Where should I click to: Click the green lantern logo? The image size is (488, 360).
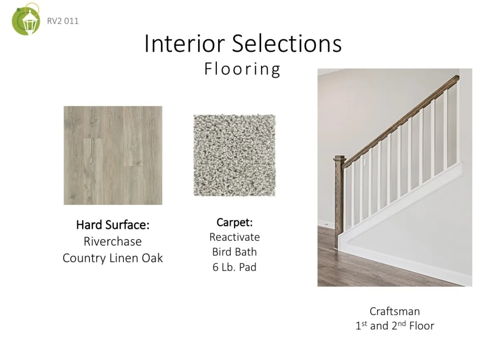coord(26,19)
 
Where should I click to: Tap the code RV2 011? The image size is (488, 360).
coord(63,21)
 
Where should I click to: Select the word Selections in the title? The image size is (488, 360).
coord(287,43)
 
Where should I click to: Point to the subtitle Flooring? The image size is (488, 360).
coord(243,69)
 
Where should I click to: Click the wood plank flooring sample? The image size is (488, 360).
coord(113,155)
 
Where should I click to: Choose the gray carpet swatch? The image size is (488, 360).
coord(235,155)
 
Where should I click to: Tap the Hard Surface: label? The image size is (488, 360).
coord(113,225)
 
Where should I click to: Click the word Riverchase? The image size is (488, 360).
coord(113,241)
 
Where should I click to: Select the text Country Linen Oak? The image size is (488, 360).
coord(113,258)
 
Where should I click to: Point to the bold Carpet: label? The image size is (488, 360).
coord(235,222)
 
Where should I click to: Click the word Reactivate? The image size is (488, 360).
coord(235,237)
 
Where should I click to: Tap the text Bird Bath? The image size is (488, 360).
coord(235,252)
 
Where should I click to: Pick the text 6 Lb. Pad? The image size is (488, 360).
coord(235,267)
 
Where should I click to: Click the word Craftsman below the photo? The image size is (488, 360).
coord(395,311)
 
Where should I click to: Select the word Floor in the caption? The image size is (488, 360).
coord(422,326)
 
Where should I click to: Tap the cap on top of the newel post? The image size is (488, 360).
coord(339,158)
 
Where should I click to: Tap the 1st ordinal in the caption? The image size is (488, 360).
coord(362,325)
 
